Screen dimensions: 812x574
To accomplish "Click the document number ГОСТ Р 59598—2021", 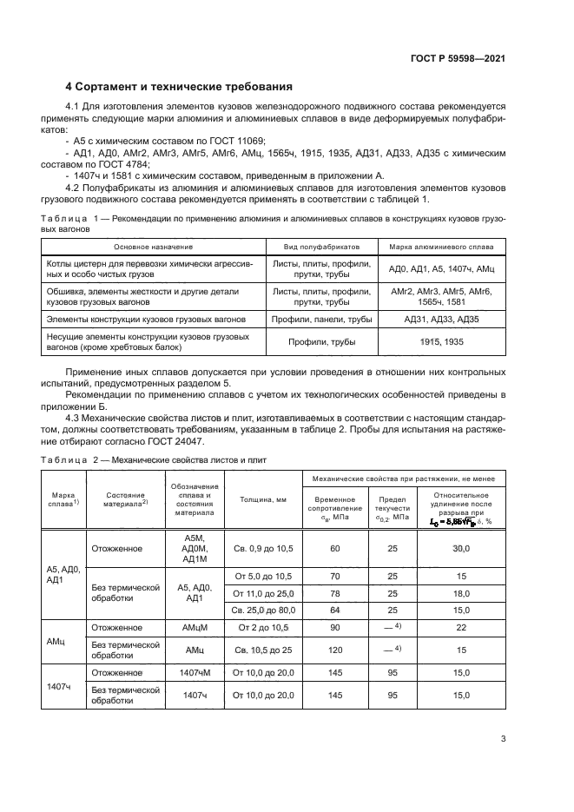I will coord(457,57).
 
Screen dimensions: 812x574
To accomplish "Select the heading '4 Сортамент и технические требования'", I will coord(179,87).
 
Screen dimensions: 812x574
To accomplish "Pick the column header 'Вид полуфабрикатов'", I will coord(322,246).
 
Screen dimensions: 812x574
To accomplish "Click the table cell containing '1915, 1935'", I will coord(441,342).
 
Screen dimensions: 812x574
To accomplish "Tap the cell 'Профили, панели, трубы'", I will coord(322,320).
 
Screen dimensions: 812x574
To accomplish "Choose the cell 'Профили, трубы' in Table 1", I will coord(322,342).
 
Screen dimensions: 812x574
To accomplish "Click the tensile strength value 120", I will coord(334,650).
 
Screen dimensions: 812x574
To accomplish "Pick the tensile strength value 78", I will coord(334,593).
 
